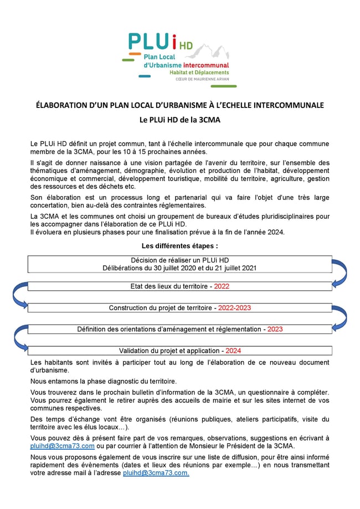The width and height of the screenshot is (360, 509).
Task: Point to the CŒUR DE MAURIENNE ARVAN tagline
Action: [202, 79]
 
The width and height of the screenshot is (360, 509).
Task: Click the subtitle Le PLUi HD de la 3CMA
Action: [180, 119]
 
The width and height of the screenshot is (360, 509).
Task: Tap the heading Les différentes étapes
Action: [179, 245]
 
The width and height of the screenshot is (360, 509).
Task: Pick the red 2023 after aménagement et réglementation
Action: [275, 329]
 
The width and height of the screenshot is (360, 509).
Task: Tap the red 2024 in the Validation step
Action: [233, 351]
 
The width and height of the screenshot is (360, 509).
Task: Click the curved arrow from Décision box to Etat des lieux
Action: [342, 273]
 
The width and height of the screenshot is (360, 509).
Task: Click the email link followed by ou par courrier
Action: [62, 446]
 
